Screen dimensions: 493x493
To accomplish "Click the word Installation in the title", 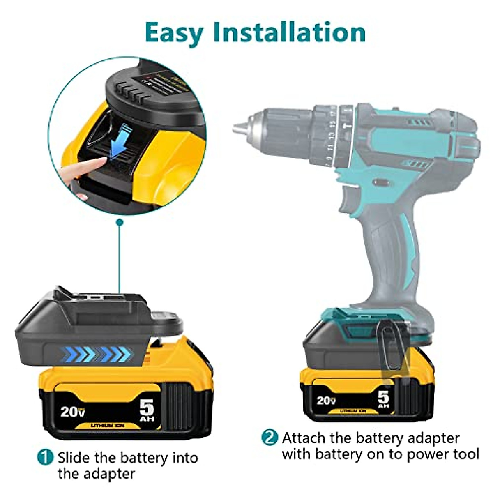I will tap(290, 32).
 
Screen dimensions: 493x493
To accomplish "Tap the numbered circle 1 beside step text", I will tap(45, 457).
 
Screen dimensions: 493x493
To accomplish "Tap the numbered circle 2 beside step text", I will tap(270, 437).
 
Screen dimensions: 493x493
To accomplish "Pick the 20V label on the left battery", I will tap(73, 411).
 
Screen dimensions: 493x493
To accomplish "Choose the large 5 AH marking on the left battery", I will tap(147, 409).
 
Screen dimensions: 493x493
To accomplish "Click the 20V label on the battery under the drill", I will tap(326, 400).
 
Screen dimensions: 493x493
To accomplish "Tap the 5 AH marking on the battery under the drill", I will tap(383, 399).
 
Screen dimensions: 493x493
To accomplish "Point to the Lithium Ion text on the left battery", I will tap(108, 426).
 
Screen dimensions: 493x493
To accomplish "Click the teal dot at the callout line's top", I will tap(120, 222).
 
